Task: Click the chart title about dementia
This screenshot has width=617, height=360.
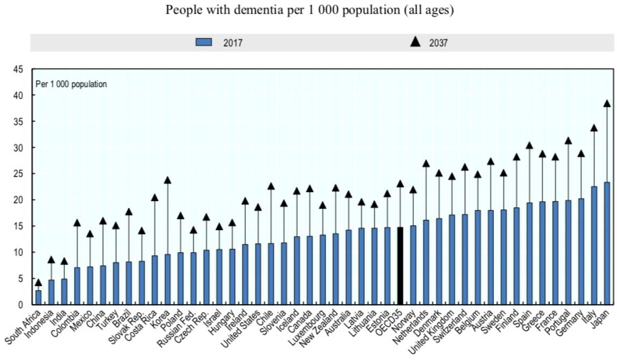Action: [x=308, y=10]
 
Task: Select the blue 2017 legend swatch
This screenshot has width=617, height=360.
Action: [x=204, y=42]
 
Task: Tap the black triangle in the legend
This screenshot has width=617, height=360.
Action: [x=415, y=41]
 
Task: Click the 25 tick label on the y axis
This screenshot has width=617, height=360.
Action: [x=18, y=173]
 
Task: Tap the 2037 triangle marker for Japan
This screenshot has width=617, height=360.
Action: [x=607, y=104]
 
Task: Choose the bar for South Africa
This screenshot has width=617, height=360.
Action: [x=39, y=297]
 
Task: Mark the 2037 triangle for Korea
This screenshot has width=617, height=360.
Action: [x=168, y=180]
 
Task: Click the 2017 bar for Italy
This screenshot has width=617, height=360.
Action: [x=594, y=245]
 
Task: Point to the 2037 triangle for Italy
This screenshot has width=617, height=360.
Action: [x=594, y=128]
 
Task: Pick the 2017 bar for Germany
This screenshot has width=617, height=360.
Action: [x=581, y=252]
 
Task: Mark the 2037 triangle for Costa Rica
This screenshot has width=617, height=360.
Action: [x=155, y=198]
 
